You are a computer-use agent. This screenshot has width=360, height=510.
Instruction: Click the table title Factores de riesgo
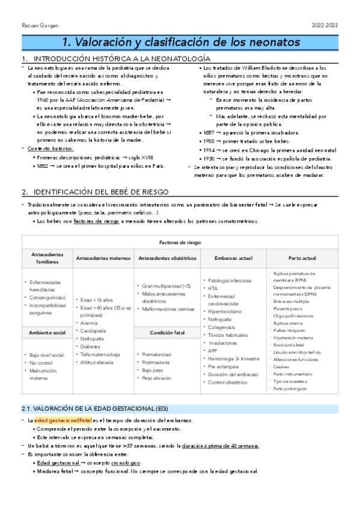click(179, 242)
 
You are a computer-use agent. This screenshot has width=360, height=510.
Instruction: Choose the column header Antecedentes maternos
click(103, 258)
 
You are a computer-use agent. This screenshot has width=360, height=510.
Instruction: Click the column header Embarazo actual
click(230, 258)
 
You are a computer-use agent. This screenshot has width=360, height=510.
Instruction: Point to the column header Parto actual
click(302, 258)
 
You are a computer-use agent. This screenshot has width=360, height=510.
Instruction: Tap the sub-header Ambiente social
click(46, 332)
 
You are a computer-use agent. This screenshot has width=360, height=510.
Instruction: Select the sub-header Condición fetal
click(166, 332)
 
